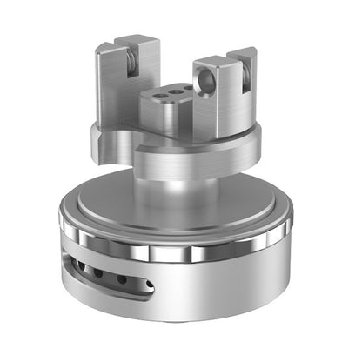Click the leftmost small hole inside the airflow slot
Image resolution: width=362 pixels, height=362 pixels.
(x=81, y=266)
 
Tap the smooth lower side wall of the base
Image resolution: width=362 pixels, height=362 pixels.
(x=226, y=296)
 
